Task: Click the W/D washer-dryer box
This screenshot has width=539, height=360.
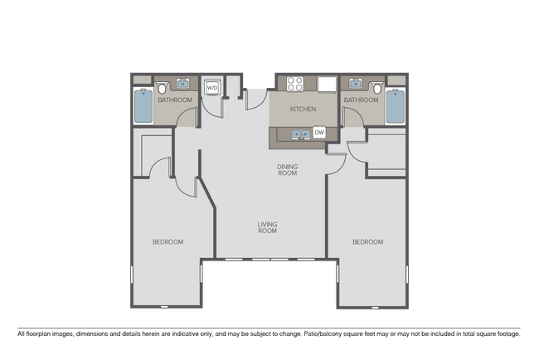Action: pos(211,87)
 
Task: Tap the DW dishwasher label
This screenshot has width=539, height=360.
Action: pos(318,133)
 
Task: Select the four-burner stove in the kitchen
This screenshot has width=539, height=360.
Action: pos(295,84)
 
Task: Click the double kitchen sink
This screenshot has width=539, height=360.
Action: pos(297,133)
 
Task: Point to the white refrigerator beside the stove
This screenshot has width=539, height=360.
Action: pos(326,84)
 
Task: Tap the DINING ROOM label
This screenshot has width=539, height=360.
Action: pos(287,170)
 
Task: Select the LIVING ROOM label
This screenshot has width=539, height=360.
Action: pos(267,227)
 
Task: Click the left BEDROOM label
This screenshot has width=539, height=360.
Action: pos(168,242)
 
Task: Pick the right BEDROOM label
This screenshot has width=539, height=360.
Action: pos(367,242)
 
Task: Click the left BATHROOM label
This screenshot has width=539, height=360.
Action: pos(175,100)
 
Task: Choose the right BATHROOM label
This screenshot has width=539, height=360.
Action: pos(361,100)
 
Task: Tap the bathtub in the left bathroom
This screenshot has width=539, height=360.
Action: pos(143,105)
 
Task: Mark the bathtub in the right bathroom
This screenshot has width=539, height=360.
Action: pos(395,105)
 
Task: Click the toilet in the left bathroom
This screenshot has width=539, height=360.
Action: pos(163,87)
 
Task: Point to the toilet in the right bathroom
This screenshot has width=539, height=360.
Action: pos(377,87)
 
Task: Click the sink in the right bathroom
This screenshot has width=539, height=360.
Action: pos(357,84)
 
